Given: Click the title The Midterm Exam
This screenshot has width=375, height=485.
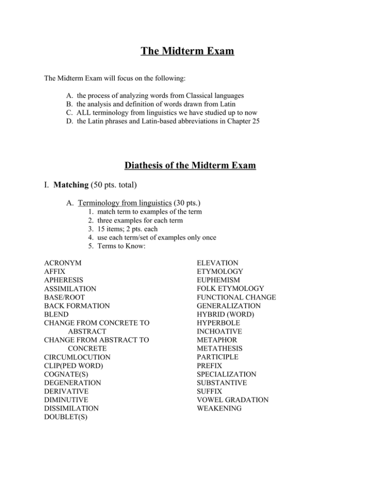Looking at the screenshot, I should coord(187,51).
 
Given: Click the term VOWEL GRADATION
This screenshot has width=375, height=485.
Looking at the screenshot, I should coord(232,399).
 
